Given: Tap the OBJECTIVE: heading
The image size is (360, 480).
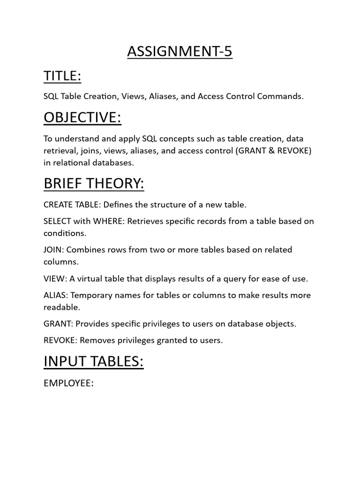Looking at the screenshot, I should [82, 118].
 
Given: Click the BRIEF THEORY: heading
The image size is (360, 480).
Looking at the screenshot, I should [94, 184].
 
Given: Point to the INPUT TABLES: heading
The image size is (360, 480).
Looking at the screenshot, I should [93, 361].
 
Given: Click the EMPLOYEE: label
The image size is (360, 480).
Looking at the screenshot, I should [68, 383].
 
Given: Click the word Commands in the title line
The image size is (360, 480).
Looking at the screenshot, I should [285, 96].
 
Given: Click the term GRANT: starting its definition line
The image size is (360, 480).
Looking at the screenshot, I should [58, 323].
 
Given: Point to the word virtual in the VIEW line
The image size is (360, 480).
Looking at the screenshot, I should [90, 278].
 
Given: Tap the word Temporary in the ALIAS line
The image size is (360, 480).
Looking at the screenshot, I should [93, 295].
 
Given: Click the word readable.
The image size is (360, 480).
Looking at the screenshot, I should [62, 307].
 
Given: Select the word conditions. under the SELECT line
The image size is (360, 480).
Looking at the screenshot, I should [65, 233].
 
